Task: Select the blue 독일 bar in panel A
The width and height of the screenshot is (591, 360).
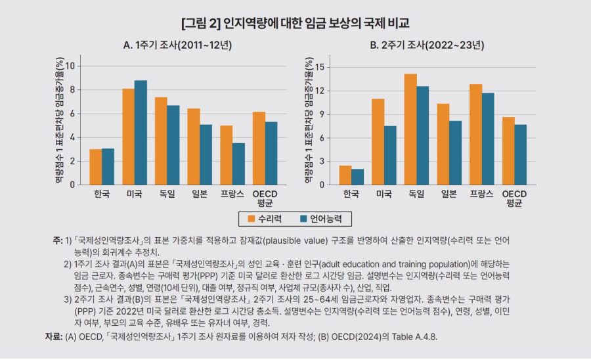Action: (x=173, y=145)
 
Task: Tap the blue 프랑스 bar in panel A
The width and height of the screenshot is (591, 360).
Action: (x=238, y=164)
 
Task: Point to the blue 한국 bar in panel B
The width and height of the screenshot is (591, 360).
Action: (x=357, y=177)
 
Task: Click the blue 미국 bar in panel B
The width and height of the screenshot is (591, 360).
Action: (x=390, y=155)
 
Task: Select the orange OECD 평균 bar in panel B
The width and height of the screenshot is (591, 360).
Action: (x=508, y=150)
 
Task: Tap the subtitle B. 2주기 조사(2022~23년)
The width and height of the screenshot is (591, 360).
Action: (x=426, y=45)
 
